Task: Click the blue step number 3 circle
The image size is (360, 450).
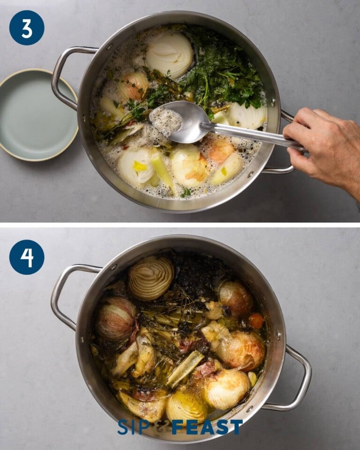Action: coord(27,28)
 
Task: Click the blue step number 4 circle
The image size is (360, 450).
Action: coord(27,257)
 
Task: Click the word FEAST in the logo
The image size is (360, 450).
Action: coord(207,427)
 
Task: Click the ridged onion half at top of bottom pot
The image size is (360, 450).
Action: coord(151,277)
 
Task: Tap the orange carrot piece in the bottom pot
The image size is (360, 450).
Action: coord(256,321)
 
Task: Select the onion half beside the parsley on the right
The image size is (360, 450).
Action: coord(247,115)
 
